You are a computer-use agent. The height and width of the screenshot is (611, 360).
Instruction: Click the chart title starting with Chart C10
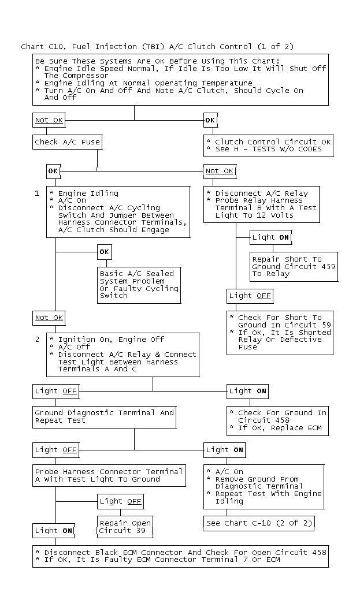coord(157,47)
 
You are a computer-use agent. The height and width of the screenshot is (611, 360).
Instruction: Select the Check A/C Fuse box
coord(68,142)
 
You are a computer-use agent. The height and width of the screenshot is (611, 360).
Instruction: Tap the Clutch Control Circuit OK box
coord(268,146)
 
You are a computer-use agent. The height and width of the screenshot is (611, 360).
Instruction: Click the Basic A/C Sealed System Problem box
coord(139,285)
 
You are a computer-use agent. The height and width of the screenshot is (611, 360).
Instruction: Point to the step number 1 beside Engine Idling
coord(37,193)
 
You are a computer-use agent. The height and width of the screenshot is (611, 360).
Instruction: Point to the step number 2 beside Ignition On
coord(38,340)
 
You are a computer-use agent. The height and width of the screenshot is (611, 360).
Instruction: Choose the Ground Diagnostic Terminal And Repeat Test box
coord(105,417)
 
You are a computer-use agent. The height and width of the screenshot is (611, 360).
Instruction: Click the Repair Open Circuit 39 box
coord(125,527)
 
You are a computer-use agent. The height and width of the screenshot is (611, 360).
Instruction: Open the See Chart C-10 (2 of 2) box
coord(259,523)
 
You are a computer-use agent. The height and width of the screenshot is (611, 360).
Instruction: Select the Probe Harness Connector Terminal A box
coord(109,475)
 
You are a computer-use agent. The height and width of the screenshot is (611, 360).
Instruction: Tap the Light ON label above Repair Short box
coord(270,237)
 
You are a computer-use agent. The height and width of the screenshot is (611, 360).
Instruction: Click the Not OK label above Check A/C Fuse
coord(49,120)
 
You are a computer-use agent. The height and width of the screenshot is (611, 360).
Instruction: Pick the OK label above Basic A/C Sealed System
coord(105,252)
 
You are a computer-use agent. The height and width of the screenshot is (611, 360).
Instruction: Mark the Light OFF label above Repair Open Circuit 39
coord(121,501)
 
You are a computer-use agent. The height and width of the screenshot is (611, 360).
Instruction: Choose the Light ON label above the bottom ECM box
coord(53,531)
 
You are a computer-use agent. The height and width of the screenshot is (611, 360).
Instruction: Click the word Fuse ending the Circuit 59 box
coord(248,347)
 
